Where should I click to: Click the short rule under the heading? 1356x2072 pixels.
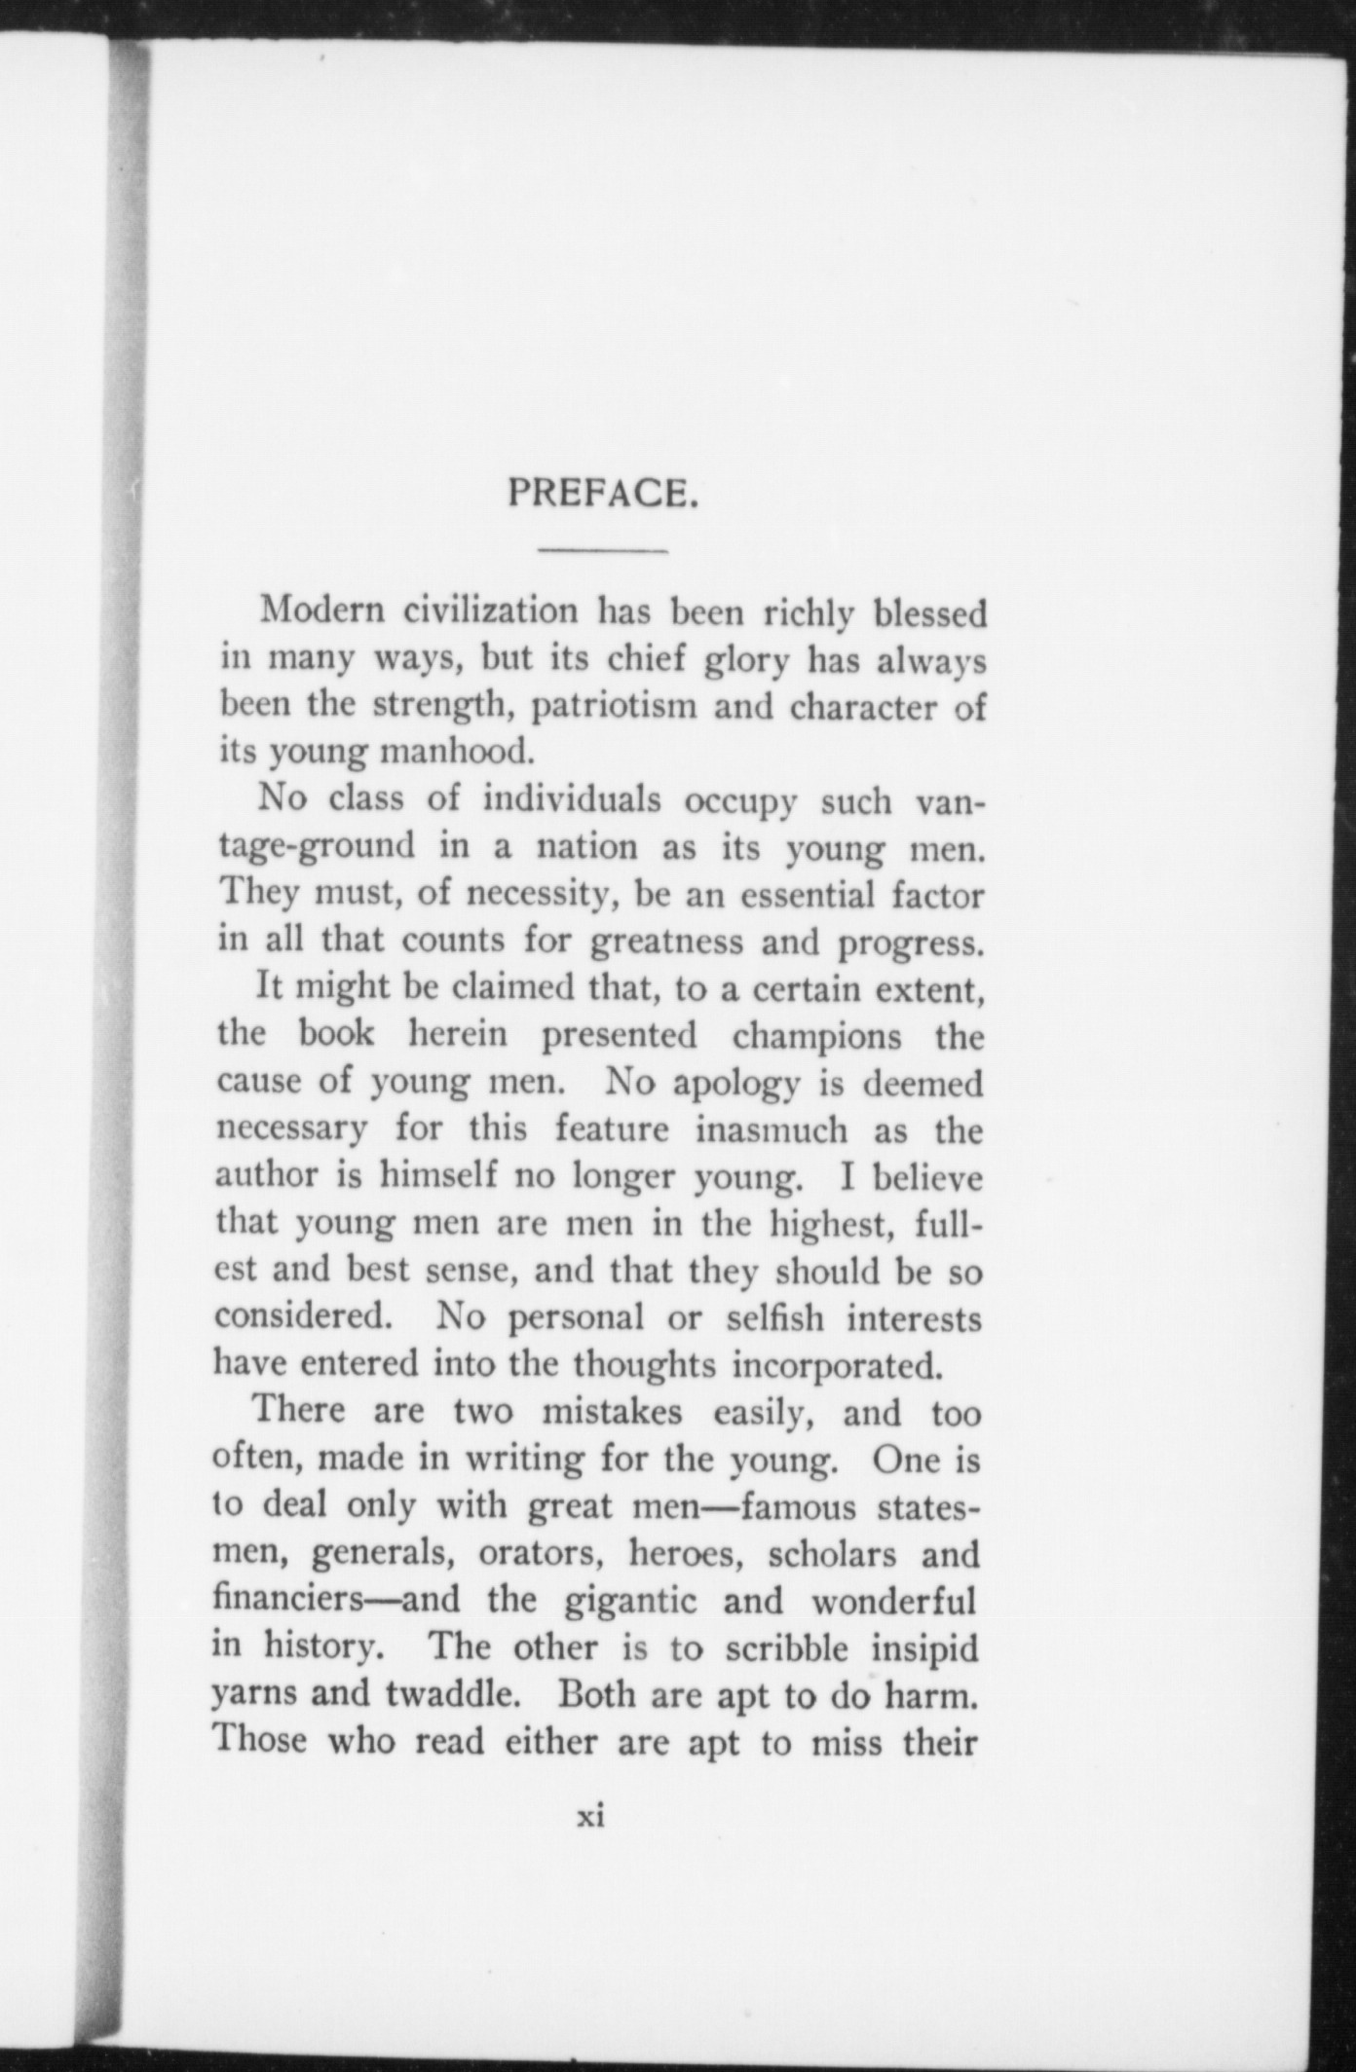tap(603, 552)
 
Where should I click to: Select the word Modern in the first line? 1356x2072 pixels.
tap(322, 612)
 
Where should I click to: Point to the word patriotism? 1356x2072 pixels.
tap(614, 706)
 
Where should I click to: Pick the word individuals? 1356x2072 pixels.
tap(573, 800)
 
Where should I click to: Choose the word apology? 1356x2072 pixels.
tap(735, 1083)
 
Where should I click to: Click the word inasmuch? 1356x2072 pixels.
tap(771, 1129)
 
